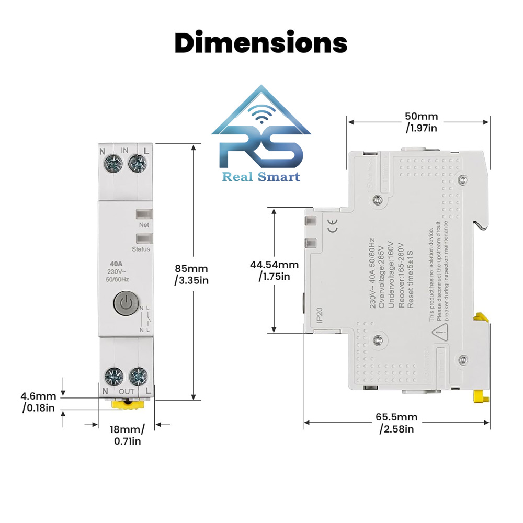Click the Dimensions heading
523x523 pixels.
click(x=260, y=43)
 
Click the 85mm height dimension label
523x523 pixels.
click(x=191, y=274)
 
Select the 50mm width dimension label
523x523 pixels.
click(x=422, y=122)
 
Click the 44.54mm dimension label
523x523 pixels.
click(x=274, y=270)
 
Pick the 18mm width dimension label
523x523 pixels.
click(x=126, y=435)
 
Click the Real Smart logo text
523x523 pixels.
click(x=261, y=177)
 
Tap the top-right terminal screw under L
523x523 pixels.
click(x=137, y=163)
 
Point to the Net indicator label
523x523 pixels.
click(x=143, y=225)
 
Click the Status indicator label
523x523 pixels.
click(x=141, y=249)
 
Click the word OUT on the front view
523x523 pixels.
click(x=126, y=391)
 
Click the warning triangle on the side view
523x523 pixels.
click(x=439, y=329)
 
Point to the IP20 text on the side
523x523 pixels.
click(x=320, y=316)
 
